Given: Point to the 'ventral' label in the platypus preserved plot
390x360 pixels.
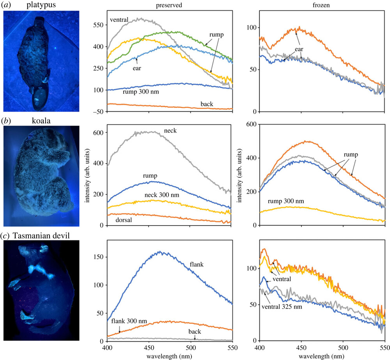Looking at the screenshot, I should point(119,19).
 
